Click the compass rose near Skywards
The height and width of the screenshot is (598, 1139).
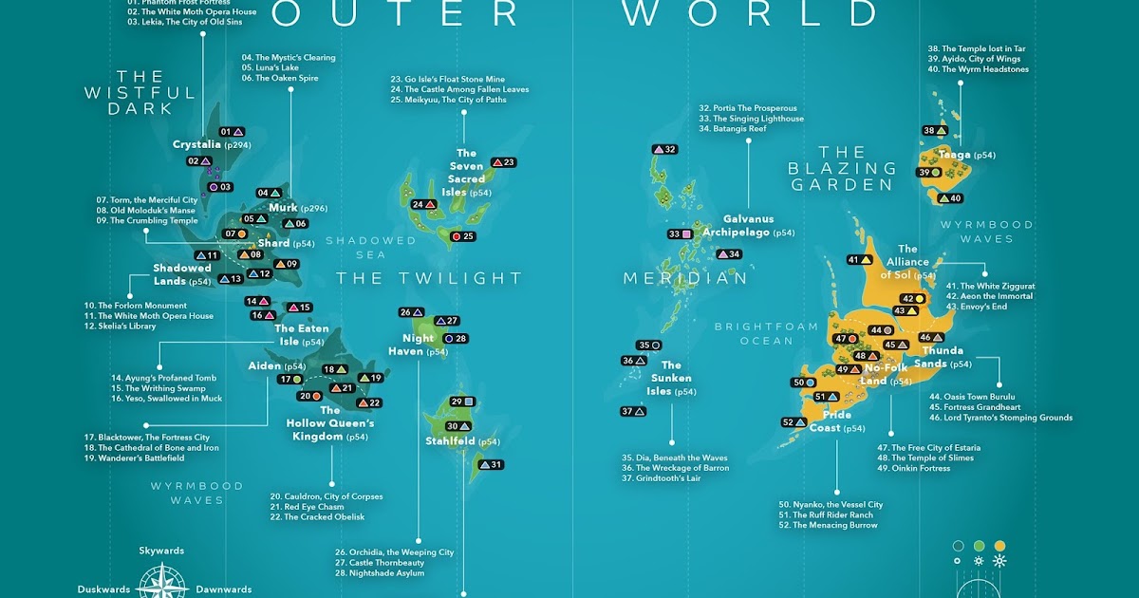pyautogui.click(x=161, y=581)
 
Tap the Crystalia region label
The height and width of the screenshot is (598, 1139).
pyautogui.click(x=197, y=145)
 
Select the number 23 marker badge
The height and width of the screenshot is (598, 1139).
pyautogui.click(x=503, y=162)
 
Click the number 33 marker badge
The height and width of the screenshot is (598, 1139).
pyautogui.click(x=680, y=234)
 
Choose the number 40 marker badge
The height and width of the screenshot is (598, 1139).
pyautogui.click(x=949, y=198)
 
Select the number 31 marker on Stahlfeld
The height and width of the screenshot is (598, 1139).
pyautogui.click(x=491, y=465)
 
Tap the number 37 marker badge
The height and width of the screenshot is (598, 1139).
pyautogui.click(x=633, y=412)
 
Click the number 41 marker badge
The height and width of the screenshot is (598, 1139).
pyautogui.click(x=860, y=260)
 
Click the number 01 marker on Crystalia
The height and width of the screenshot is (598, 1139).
pyautogui.click(x=232, y=132)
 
